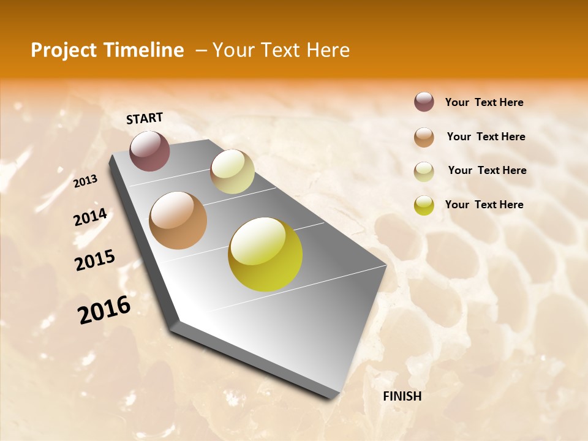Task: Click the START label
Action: coord(145,118)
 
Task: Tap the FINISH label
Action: coord(402,396)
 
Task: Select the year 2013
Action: coord(86,181)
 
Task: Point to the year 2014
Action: coord(90,217)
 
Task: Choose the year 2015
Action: coord(94,260)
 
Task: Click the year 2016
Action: coord(104,310)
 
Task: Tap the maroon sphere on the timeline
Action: coord(149,151)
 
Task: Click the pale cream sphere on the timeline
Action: coord(232,171)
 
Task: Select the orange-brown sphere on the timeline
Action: coord(178,221)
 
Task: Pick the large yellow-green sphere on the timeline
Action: coord(265,254)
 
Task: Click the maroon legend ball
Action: coord(424,102)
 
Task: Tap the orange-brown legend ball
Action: coord(424,137)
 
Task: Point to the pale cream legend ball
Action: coord(424,171)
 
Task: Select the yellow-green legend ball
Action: coord(424,205)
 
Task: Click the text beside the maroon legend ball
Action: coord(484,102)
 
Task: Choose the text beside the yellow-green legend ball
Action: coord(484,205)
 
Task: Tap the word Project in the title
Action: coord(62,50)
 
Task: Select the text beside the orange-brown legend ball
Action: coord(486,137)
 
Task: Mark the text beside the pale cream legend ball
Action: coord(487,170)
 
